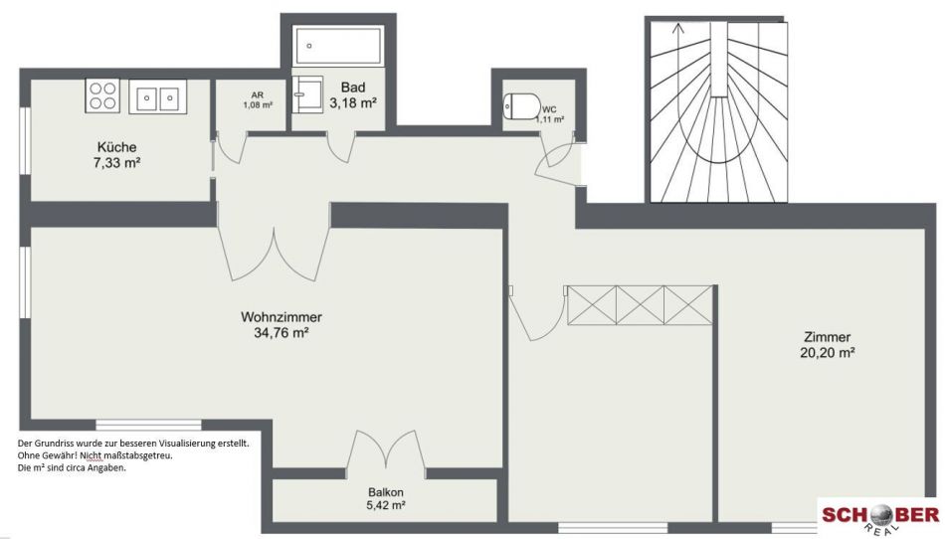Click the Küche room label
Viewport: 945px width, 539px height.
click(117, 147)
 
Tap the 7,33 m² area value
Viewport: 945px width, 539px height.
click(117, 163)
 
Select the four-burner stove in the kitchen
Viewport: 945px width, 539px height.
click(102, 95)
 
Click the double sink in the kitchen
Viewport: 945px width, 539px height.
click(157, 96)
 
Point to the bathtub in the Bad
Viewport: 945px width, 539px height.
click(337, 46)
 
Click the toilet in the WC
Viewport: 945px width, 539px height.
click(521, 106)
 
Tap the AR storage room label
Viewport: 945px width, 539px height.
click(258, 95)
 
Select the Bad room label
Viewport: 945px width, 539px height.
click(352, 88)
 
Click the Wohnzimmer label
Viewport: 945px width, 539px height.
click(282, 317)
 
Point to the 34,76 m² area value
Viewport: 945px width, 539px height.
click(282, 332)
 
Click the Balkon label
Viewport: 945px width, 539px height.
click(386, 492)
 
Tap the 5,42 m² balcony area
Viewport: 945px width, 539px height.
click(386, 506)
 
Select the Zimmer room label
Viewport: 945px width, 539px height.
click(827, 337)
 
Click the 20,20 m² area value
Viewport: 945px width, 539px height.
click(827, 353)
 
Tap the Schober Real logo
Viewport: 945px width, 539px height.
click(880, 518)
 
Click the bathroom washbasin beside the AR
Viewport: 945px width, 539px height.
click(308, 94)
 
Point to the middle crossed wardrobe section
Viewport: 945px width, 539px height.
click(640, 305)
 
